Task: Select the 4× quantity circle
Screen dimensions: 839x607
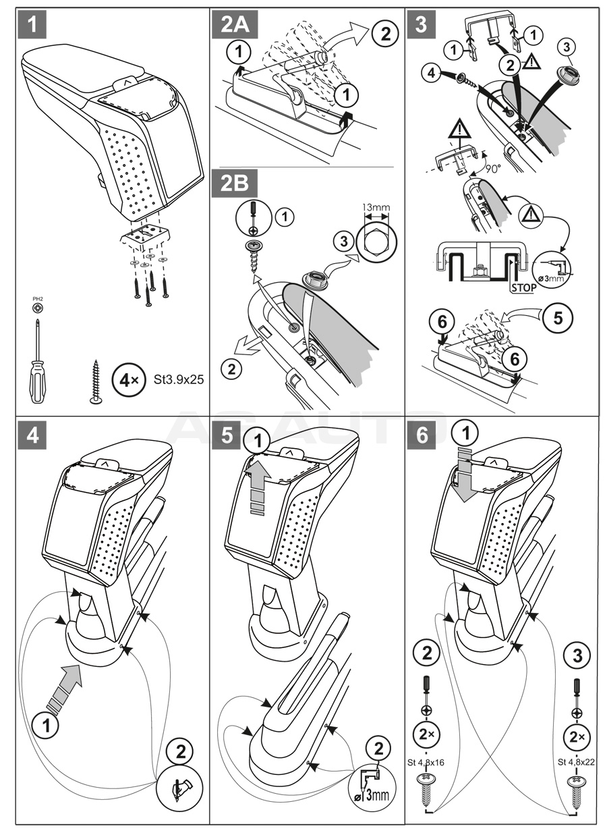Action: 129,379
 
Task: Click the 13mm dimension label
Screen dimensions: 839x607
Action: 376,208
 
